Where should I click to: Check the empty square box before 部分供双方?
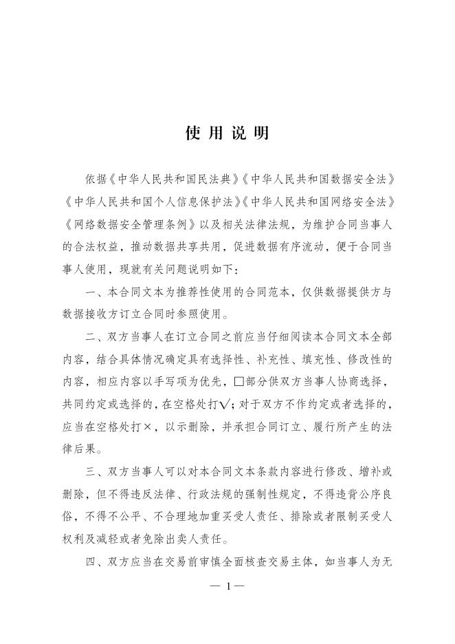[x=239, y=381]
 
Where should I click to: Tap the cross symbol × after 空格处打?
[x=147, y=426]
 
